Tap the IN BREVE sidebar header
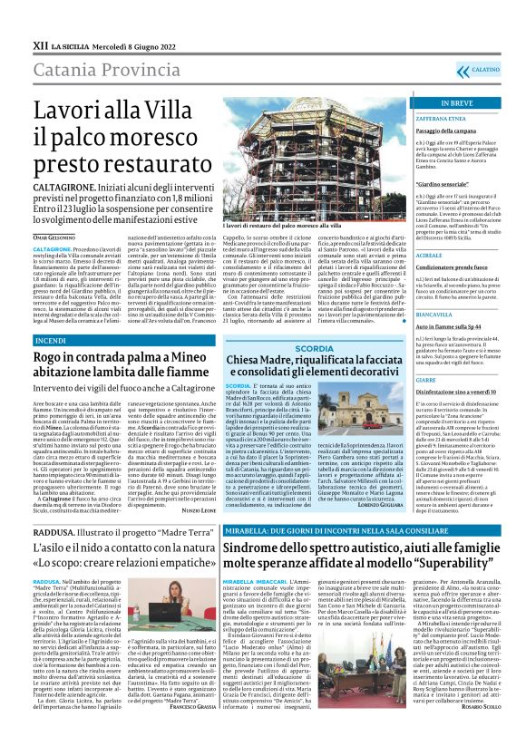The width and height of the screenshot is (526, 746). coord(456,103)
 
